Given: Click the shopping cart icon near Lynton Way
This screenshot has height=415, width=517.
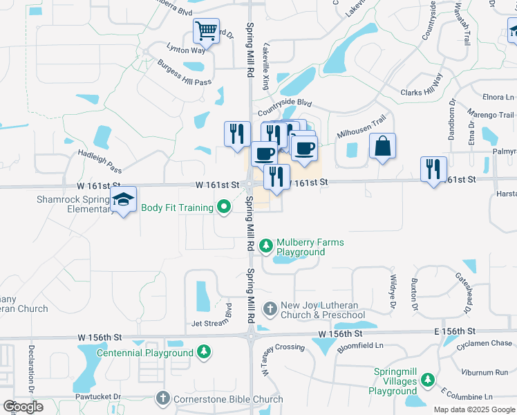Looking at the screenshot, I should pos(206,31).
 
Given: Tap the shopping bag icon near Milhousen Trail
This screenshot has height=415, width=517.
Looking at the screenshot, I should pos(382,147).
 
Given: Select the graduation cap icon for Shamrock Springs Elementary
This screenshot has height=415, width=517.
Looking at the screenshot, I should pos(124,200).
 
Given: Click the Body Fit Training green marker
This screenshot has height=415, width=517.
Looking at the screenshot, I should pos(223,207).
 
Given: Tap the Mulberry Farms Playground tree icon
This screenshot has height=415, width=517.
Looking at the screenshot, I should pos(265,246).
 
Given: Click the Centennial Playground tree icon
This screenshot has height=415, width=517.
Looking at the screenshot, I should pos(203,352).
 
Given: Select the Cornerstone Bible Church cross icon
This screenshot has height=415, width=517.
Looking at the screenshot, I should pos(162,398).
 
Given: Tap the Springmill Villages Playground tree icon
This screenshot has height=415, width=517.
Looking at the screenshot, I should pos(428,380).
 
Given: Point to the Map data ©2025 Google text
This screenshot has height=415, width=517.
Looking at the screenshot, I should pos(473,409).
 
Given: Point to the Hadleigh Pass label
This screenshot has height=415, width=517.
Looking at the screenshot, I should pos(100,161).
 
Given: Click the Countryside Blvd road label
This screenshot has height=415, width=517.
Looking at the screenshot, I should pos(285,108).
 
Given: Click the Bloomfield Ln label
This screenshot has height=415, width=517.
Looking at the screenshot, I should pos(360,344).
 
